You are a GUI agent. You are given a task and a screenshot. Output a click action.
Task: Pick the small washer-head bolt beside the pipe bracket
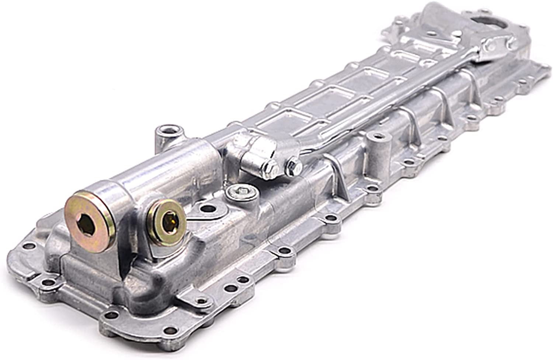[x=293, y=162]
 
